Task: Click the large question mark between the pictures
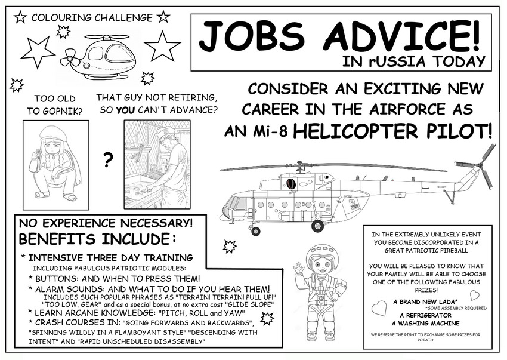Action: tap(108, 160)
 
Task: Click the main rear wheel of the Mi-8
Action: tap(317, 226)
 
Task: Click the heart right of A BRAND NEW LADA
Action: tap(474, 295)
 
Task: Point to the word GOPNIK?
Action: tap(53, 110)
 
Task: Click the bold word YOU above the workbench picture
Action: tap(124, 110)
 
